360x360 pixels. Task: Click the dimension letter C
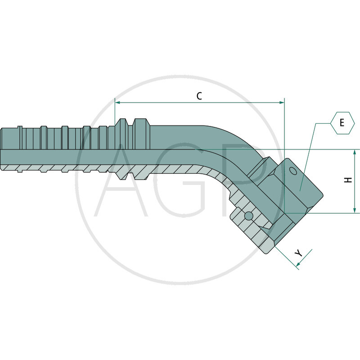pos(199,96)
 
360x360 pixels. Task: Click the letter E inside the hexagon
pos(342,122)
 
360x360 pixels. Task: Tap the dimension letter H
pos(348,180)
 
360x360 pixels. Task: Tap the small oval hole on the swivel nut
pos(293,171)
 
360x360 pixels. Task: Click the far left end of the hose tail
pos(1,148)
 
